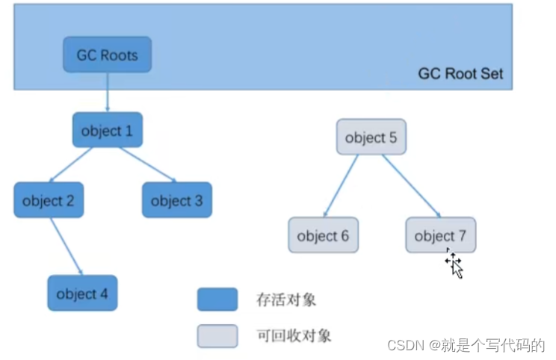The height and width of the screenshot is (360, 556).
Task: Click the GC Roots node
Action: coord(107,55)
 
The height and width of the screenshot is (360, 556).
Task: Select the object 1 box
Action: coord(107,131)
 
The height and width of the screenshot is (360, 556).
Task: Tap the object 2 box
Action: coord(49,200)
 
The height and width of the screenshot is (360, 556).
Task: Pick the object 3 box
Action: coord(176,200)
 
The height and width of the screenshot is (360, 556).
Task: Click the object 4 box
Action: coord(82,294)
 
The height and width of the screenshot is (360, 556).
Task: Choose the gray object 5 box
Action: coord(371,137)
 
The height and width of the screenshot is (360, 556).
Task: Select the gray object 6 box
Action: coord(323,235)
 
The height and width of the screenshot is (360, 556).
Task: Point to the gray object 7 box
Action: coord(440,235)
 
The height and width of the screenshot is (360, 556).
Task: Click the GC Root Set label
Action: coord(460,74)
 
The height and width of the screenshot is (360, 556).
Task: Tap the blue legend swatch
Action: coord(217,300)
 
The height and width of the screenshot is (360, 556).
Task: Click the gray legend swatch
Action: coord(217,336)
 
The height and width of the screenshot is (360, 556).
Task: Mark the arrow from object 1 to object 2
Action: coord(72,165)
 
